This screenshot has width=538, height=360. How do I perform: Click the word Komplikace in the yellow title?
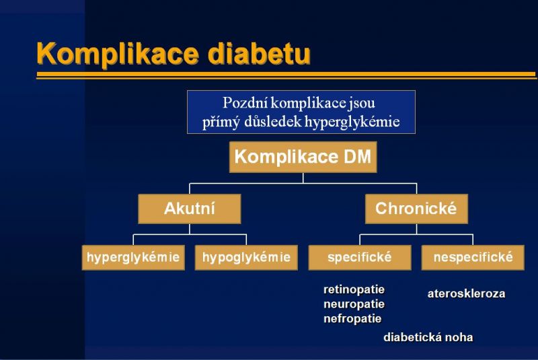118,54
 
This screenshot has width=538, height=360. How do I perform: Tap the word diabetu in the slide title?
260,53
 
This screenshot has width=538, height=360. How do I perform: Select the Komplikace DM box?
303,157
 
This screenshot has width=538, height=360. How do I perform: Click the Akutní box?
190,209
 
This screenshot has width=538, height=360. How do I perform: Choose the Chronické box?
416,209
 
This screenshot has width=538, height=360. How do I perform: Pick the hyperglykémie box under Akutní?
133,258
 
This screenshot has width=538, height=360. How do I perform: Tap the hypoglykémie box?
246,258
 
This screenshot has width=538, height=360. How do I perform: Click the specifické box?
360,258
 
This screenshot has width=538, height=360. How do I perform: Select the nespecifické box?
473,258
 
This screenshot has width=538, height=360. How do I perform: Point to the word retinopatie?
354,290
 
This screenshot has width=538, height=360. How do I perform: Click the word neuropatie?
354,304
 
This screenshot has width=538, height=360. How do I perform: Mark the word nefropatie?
352,319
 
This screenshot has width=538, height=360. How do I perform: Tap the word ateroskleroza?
466,294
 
